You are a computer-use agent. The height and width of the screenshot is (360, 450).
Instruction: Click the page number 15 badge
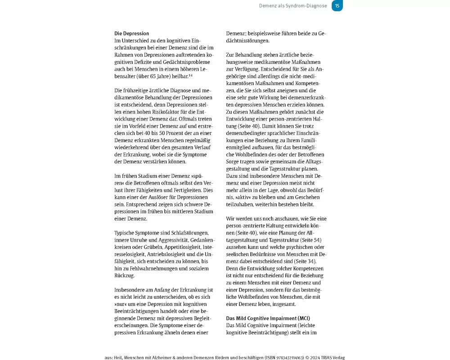pyautogui.click(x=337, y=5)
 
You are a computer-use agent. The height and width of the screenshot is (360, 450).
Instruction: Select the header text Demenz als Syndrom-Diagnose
pyautogui.click(x=293, y=6)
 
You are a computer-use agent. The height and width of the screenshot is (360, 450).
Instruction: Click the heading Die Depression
pyautogui.click(x=131, y=33)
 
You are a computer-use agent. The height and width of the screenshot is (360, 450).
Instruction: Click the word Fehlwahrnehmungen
pyautogui.click(x=155, y=269)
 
